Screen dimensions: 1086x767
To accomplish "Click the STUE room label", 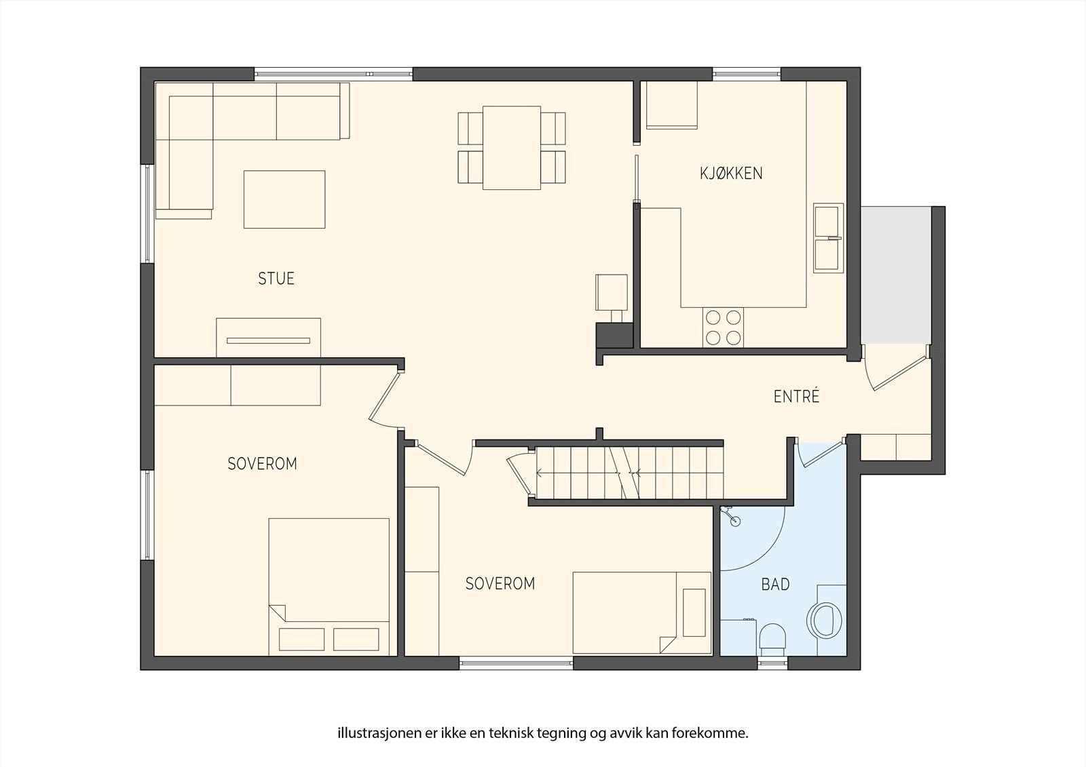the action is [x=276, y=279].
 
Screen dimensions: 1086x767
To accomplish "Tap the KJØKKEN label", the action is [x=731, y=173].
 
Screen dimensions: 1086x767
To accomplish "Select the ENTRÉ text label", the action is [x=797, y=396].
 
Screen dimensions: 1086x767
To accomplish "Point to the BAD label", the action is [x=776, y=585].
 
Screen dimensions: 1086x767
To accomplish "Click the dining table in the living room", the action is [x=512, y=148].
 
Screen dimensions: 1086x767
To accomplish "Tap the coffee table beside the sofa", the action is [x=284, y=199].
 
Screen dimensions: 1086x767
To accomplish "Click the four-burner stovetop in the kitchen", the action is [x=723, y=328].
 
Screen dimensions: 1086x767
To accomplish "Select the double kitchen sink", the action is [x=828, y=238].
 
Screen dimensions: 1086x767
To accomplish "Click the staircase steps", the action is [x=629, y=473].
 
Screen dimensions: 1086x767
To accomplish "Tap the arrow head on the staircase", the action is [x=539, y=473].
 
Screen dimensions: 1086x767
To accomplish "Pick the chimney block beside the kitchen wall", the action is [x=614, y=335].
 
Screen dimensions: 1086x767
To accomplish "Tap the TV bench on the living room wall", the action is [x=268, y=338].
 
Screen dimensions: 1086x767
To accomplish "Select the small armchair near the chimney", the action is [x=612, y=293].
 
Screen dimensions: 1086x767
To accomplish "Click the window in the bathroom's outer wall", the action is [x=772, y=663].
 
